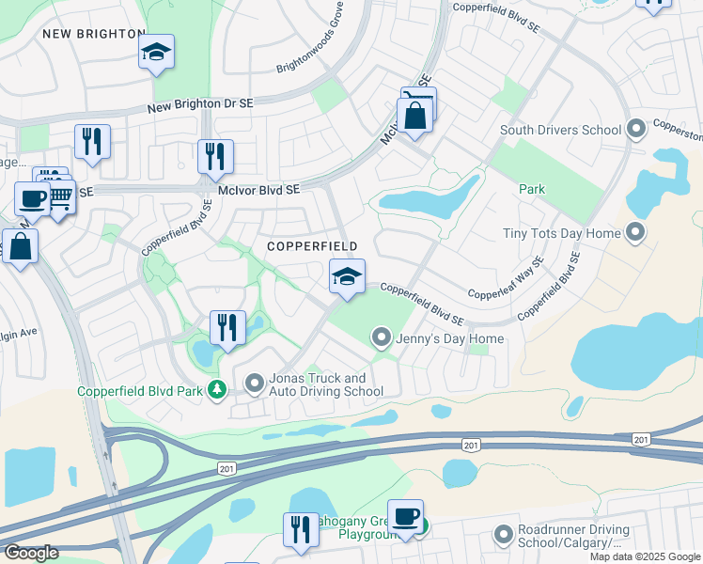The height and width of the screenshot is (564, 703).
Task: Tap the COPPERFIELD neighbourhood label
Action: pos(312,246)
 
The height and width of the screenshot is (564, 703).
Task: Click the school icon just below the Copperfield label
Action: pos(347,277)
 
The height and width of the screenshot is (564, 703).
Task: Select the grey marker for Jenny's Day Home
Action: pos(382,336)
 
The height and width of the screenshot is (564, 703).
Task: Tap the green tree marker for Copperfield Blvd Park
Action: pos(217,388)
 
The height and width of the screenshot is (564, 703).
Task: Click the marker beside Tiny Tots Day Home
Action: pos(636,231)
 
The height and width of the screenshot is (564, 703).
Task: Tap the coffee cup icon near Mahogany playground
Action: pos(405,516)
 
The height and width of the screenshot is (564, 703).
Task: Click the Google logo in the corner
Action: pos(31,553)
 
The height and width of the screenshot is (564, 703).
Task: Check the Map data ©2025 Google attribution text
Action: pos(645,556)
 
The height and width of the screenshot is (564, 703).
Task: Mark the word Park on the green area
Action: pos(532,189)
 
